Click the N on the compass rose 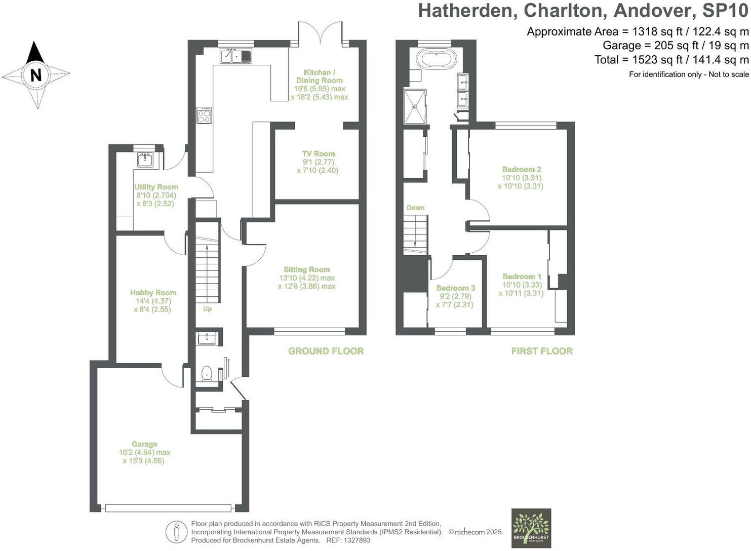[x=36, y=75]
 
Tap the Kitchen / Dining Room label [x=319, y=76]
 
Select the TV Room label [x=318, y=153]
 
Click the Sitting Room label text [x=306, y=269]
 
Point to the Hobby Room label [x=153, y=292]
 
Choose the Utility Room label [x=156, y=187]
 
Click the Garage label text [x=144, y=444]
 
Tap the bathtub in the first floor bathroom [x=436, y=59]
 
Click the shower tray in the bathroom [x=415, y=106]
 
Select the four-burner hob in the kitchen [x=204, y=115]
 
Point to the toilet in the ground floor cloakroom [x=207, y=374]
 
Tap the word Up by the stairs [x=207, y=308]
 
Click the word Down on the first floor [x=415, y=208]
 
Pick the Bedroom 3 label [x=455, y=288]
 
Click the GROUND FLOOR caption [x=326, y=351]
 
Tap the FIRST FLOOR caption [x=542, y=351]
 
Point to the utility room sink [x=146, y=160]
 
